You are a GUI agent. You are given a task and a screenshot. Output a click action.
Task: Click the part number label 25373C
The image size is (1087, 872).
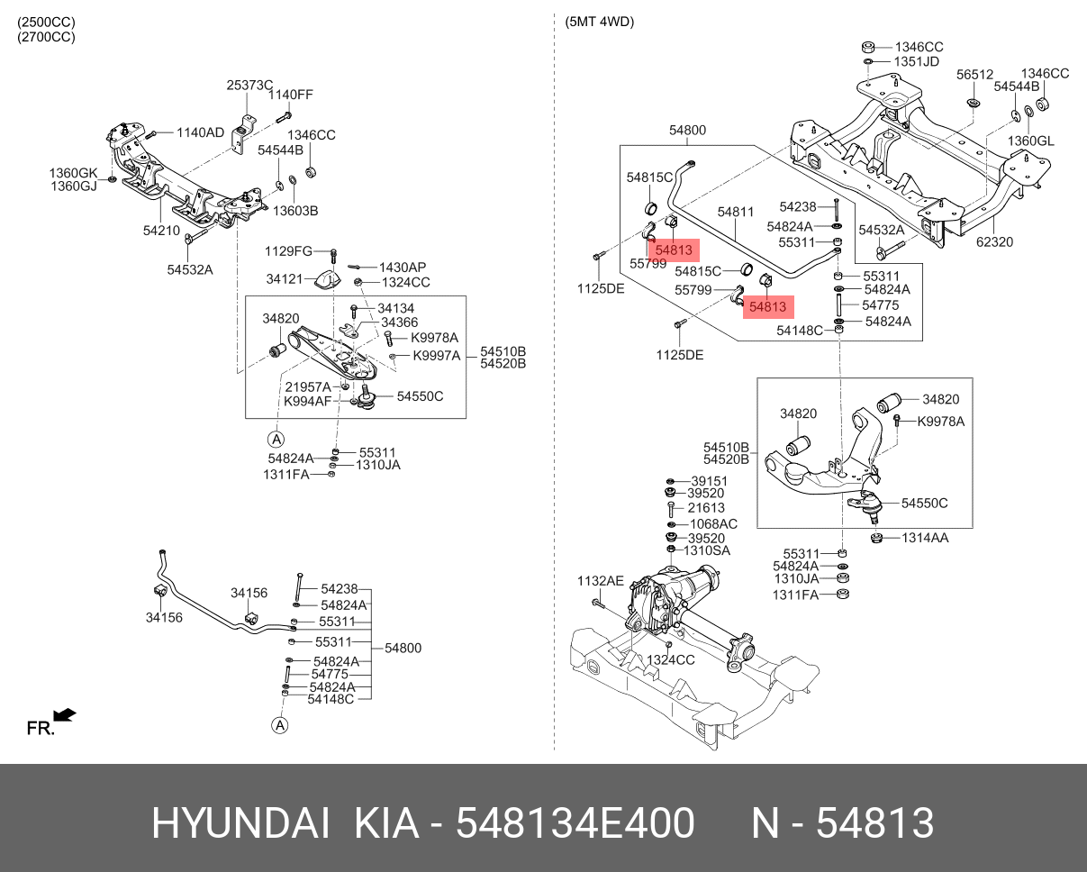point(249,85)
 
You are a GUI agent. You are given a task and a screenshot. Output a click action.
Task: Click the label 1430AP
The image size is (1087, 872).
point(403,268)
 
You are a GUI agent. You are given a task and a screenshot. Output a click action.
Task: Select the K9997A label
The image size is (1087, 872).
point(437,356)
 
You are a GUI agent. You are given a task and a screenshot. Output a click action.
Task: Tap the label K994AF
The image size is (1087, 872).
point(308,401)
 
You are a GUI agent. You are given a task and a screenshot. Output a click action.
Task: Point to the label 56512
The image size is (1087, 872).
point(974,75)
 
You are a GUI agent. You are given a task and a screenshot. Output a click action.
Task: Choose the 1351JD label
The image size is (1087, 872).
point(916,61)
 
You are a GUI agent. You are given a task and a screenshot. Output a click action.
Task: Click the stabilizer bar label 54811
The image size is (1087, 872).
point(735,212)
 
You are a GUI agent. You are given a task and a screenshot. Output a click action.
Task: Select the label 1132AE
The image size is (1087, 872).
point(600,581)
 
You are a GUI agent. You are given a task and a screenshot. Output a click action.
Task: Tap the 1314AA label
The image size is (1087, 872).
point(925,538)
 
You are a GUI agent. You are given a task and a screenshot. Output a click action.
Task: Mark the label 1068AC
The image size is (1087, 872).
point(713,523)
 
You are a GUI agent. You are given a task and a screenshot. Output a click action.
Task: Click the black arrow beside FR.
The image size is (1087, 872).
point(64,715)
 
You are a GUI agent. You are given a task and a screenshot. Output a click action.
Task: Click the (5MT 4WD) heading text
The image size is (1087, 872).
point(599,23)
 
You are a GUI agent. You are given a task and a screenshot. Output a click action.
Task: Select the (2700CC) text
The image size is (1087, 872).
point(46,37)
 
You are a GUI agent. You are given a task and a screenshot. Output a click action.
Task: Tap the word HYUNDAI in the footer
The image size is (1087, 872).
point(240,823)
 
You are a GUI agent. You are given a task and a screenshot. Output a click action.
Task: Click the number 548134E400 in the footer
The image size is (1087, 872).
point(575,823)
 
